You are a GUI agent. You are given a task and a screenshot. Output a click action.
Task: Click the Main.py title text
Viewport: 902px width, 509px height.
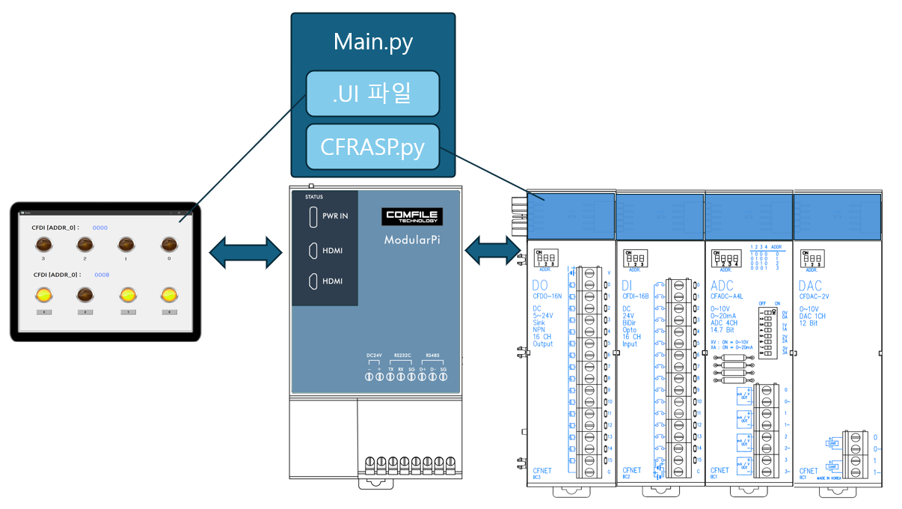pos(372,42)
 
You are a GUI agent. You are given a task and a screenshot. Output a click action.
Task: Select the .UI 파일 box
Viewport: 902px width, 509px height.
pos(372,94)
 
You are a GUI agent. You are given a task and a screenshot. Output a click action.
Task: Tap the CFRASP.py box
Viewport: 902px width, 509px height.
pos(372,147)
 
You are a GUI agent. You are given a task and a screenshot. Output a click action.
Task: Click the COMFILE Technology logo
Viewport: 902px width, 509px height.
pos(413,217)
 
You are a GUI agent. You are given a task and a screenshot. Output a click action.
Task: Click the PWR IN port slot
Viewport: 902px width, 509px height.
pos(311,216)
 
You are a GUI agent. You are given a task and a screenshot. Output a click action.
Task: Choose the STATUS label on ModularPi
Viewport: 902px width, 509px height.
pos(313,197)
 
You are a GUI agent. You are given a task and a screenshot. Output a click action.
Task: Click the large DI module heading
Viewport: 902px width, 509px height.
pos(628,285)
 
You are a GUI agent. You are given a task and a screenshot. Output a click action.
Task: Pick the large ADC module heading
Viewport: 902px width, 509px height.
pos(722,285)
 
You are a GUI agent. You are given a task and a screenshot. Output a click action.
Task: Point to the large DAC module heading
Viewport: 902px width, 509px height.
pos(811,285)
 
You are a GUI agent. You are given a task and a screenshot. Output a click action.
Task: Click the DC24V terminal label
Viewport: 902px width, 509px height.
pos(375,355)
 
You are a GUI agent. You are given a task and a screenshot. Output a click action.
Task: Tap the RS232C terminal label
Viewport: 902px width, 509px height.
pos(403,355)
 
